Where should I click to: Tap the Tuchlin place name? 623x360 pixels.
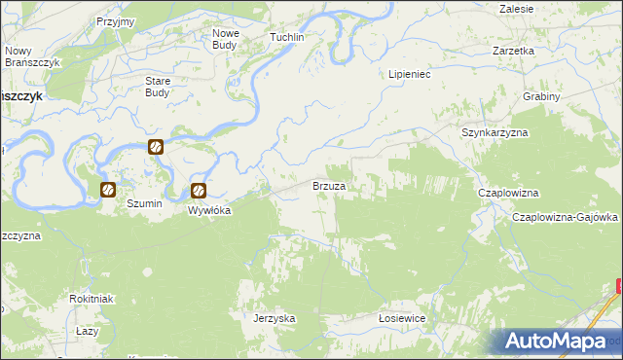pos(287,37)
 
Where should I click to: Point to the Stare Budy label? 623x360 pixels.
pos(157,87)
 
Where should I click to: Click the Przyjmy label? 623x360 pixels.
pos(116,21)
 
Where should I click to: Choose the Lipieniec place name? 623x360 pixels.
pos(410,73)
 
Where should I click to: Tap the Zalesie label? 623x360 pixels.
pos(516,8)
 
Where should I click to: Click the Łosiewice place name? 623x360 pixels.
pos(403,318)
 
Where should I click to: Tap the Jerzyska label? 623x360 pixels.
pos(274,318)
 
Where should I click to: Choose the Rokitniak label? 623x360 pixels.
pos(92,299)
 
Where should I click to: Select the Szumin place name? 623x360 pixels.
pos(144,204)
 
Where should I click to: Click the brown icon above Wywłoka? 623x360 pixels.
pos(199,192)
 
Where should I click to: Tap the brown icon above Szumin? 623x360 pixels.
pos(109,190)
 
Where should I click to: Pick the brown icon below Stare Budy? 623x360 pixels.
pos(155,147)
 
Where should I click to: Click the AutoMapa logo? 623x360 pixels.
pos(559,342)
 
